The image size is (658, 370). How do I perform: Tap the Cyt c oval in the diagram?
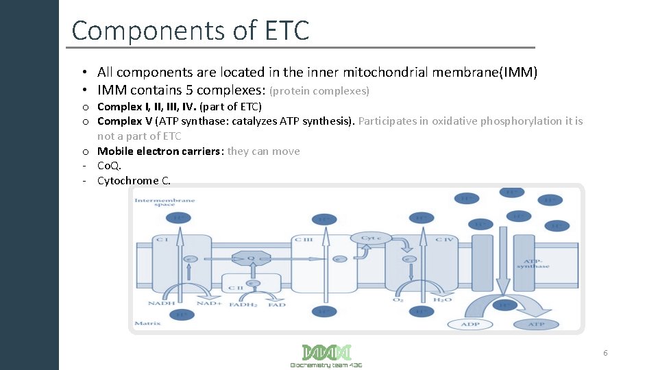[370, 238]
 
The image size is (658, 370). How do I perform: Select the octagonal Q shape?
[250, 258]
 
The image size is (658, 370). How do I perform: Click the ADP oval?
[470, 324]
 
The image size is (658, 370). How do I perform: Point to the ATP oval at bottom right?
[535, 324]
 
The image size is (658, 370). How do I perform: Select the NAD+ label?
[208, 304]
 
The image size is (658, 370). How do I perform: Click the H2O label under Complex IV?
[442, 299]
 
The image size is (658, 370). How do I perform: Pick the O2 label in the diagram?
[397, 299]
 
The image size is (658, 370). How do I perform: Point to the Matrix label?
[148, 323]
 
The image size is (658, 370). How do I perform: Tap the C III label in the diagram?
[303, 239]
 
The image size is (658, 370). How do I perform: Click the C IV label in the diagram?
[444, 239]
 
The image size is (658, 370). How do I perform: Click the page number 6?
[605, 353]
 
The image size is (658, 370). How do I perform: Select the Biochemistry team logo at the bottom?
[326, 356]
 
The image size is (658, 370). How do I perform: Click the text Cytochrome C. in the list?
[134, 181]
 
